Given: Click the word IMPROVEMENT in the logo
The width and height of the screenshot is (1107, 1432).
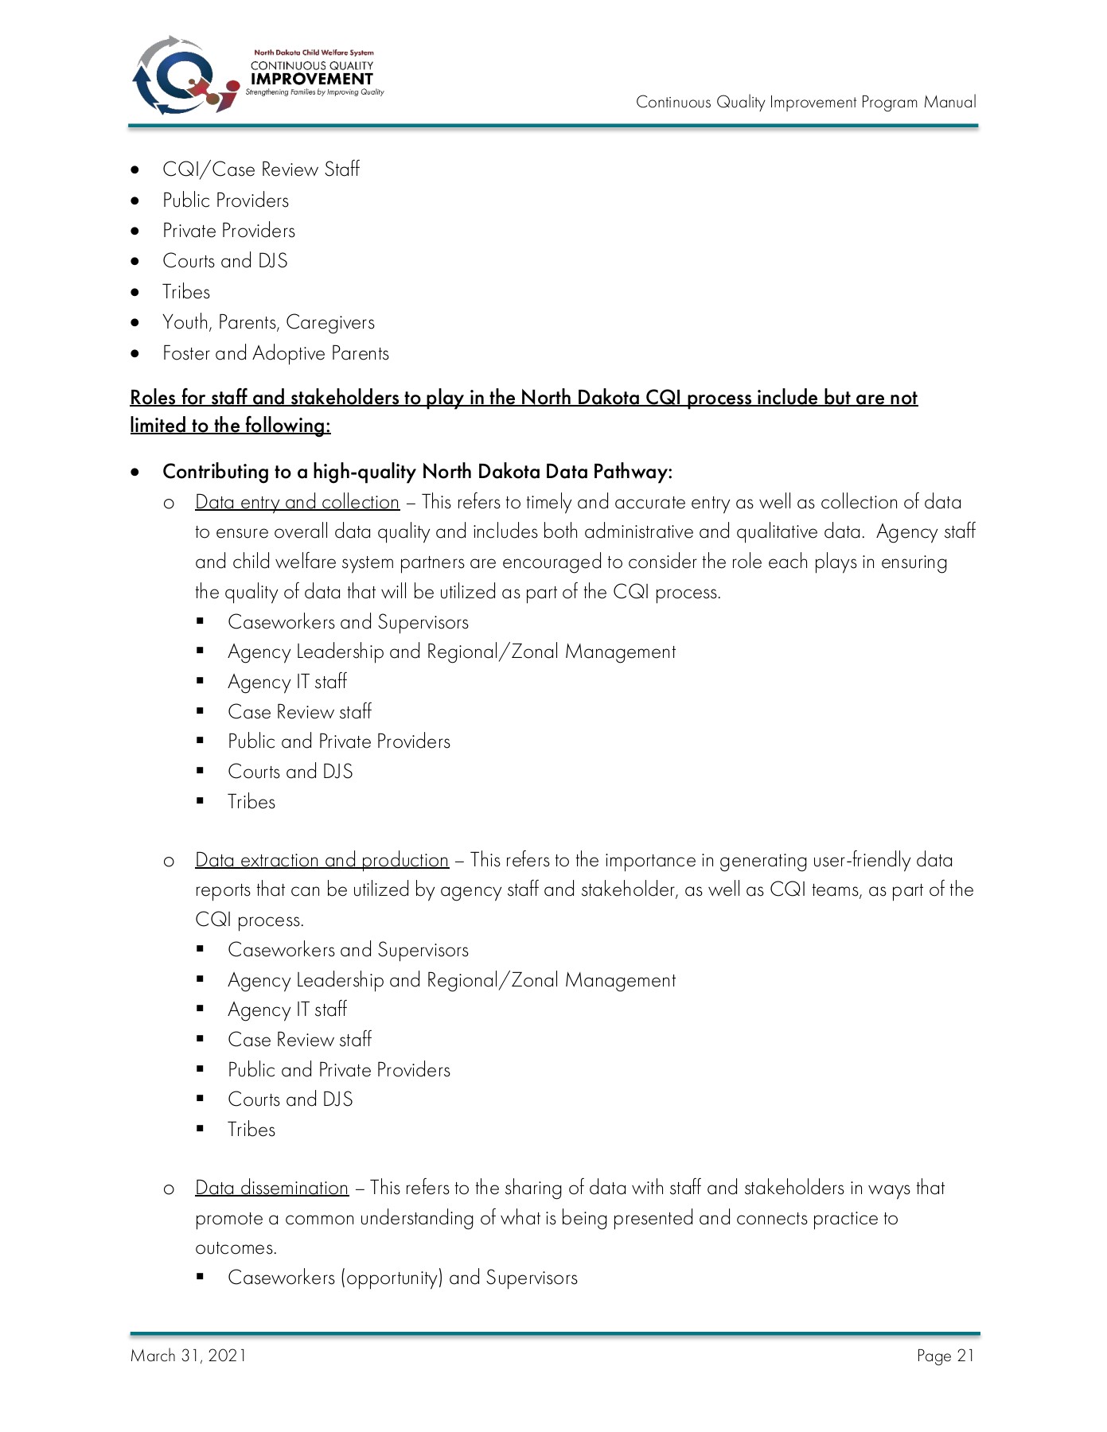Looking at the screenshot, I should tap(311, 79).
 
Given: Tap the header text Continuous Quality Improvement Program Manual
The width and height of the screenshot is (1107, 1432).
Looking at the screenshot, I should tap(805, 102).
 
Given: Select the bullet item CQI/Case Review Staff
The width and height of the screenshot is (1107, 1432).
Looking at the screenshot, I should tap(260, 169).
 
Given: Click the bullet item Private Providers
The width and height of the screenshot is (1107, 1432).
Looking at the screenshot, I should tap(228, 231).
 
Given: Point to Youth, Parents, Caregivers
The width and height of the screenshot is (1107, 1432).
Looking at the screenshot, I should tap(268, 322).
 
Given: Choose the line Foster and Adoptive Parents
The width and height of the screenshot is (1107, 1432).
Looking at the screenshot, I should tap(275, 353).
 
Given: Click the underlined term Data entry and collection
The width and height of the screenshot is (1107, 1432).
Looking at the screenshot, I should tap(297, 502).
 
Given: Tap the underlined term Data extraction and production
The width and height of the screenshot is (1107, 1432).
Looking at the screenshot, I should tap(322, 860).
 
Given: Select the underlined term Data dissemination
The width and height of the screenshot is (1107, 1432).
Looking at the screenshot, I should tap(271, 1188).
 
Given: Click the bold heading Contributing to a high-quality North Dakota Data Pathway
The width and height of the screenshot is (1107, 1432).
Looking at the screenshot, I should tap(417, 472).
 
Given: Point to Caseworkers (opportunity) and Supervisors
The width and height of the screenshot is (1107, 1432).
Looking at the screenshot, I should tap(402, 1278).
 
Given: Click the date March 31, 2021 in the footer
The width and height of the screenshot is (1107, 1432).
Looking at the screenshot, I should tap(189, 1356).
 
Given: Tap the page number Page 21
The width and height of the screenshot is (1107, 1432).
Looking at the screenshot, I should tap(945, 1356).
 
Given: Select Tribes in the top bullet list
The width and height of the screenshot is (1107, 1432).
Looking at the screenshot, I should tap(186, 292).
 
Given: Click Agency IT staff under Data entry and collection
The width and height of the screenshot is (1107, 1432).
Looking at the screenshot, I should tap(287, 682).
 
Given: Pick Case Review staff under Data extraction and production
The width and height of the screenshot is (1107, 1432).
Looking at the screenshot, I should tap(299, 1040).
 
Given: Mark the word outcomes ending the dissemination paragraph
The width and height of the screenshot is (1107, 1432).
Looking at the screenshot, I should tap(236, 1247).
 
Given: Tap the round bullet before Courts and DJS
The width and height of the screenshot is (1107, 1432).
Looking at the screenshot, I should tap(136, 262).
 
